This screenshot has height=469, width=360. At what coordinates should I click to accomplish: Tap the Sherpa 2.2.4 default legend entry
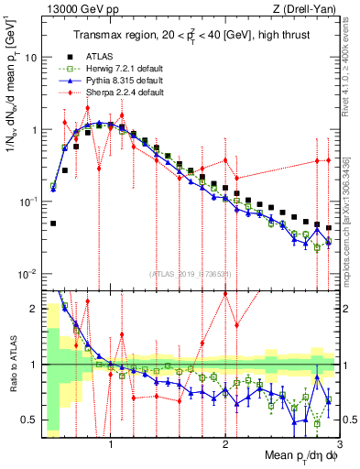tap(118, 93)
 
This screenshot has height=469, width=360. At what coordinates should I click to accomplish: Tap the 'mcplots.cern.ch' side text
tap(351, 211)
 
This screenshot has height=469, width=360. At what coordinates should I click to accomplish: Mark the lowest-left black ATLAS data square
tap(54, 223)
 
